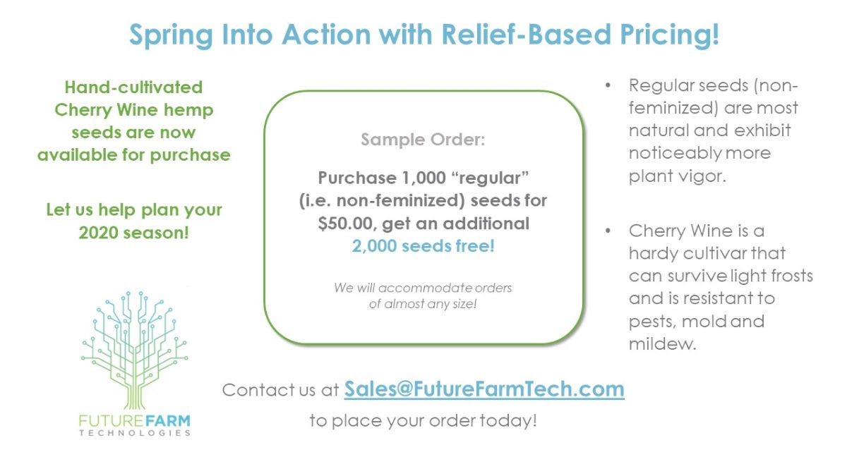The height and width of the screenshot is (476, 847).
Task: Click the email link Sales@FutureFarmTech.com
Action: pos(484,389)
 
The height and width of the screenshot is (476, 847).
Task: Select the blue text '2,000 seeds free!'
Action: pos(423,246)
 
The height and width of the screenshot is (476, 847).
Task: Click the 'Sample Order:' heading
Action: pos(423,140)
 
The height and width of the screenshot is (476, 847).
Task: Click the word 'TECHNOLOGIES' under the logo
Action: pos(134,433)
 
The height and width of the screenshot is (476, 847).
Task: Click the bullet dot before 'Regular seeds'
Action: pos(608,86)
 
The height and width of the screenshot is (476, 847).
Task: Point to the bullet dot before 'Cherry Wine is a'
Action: pos(608,231)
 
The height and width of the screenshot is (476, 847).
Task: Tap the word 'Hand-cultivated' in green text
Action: pos(133,87)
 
